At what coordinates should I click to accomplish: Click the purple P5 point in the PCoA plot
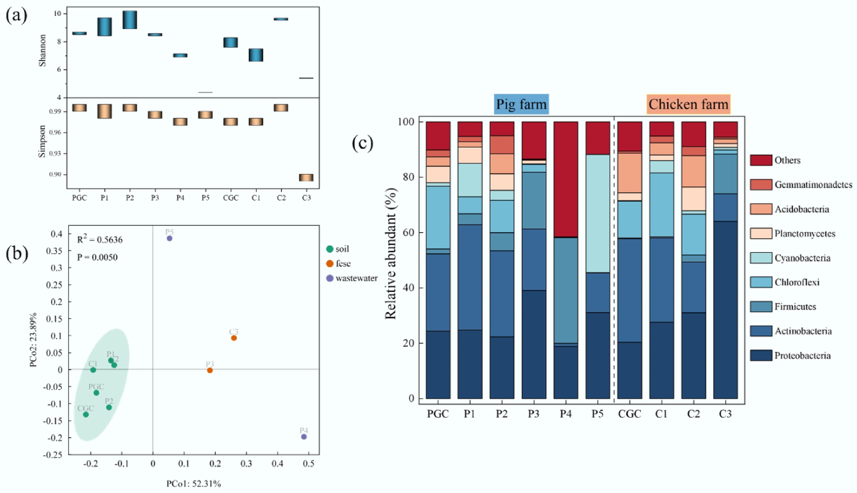(170, 238)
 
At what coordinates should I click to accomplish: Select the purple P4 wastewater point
(304, 437)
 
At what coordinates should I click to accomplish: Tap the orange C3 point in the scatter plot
(234, 338)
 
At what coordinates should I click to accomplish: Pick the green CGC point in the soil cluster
(86, 415)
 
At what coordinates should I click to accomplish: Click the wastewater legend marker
(330, 278)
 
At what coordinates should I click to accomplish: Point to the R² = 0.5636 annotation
(100, 240)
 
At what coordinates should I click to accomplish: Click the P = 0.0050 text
(97, 257)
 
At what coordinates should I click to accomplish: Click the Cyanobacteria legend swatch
(761, 258)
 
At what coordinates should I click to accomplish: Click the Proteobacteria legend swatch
(761, 355)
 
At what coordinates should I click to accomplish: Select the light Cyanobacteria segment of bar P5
(597, 213)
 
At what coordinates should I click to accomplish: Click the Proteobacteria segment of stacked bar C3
(725, 310)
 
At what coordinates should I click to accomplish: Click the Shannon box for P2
(130, 20)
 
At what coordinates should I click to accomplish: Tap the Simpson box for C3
(306, 178)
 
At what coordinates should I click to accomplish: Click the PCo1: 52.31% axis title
(193, 484)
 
